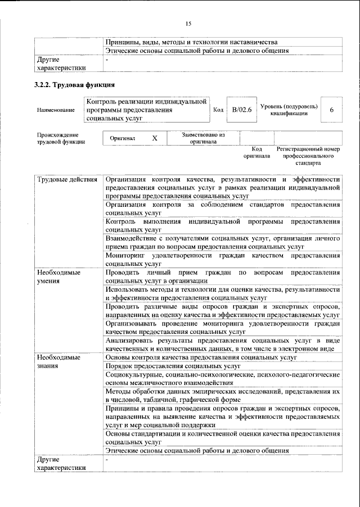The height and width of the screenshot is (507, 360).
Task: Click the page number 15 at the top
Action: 188,23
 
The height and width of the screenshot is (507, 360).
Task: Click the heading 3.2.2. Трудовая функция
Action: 75,85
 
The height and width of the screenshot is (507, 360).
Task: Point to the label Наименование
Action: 56,110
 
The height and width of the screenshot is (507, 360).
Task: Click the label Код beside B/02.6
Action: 219,110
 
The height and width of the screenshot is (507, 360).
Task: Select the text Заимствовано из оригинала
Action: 203,138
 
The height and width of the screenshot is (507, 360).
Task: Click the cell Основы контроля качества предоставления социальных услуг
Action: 201,357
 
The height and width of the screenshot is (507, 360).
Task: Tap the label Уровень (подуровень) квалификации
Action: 289,110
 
